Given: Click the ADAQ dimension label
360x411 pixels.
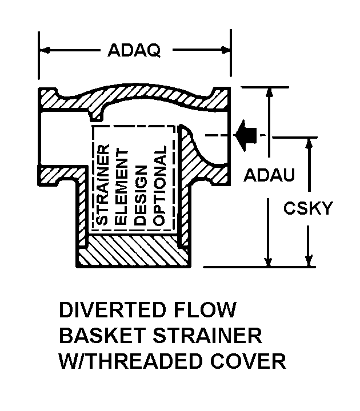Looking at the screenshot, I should pyautogui.click(x=134, y=50).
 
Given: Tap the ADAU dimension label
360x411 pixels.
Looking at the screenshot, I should pyautogui.click(x=269, y=175).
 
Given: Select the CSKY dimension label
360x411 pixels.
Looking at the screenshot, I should pyautogui.click(x=308, y=208).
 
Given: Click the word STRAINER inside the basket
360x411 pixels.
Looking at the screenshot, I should pyautogui.click(x=102, y=184).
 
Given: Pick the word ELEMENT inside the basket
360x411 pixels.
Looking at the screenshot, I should pyautogui.click(x=122, y=184).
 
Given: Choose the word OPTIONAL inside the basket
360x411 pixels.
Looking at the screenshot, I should pyautogui.click(x=160, y=184).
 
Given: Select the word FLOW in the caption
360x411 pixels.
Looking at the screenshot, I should pyautogui.click(x=208, y=311).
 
